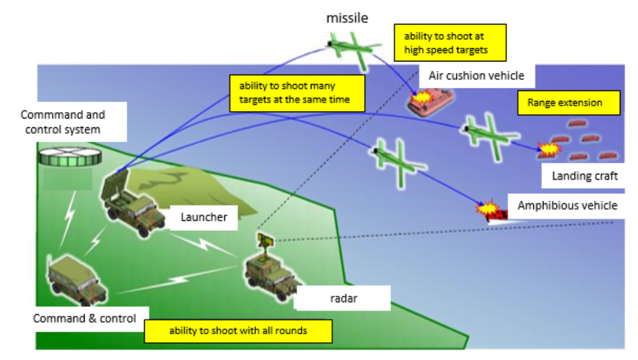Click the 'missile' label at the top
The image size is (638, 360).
click(x=347, y=18)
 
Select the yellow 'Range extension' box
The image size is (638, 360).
click(x=568, y=103)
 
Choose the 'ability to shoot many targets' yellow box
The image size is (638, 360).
click(x=297, y=93)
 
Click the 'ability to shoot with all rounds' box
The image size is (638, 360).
click(x=238, y=331)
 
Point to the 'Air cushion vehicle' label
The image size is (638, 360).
click(x=476, y=76)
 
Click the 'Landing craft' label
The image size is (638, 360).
click(x=584, y=176)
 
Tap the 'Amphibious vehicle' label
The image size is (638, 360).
click(x=567, y=206)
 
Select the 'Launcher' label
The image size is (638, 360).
click(x=204, y=218)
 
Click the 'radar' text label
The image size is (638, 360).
click(x=343, y=299)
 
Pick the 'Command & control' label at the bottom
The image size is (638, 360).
click(x=85, y=319)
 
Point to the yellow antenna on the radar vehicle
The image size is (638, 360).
click(x=264, y=239)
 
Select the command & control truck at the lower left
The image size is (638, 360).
click(x=77, y=278)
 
